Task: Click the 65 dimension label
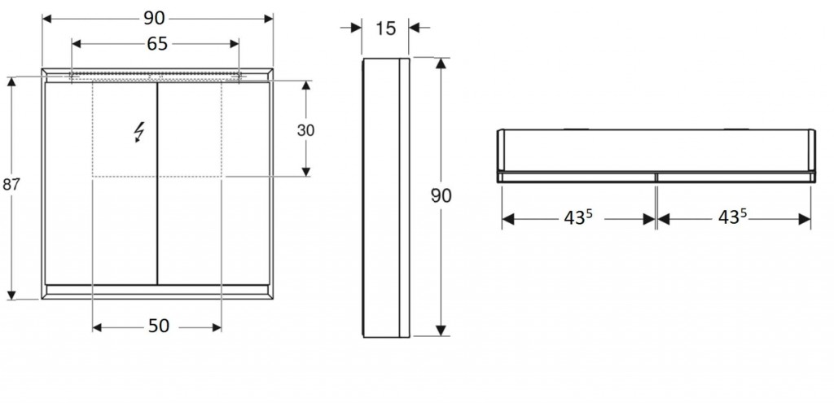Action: click(157, 44)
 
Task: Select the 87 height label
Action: click(11, 185)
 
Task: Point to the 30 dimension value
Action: click(306, 130)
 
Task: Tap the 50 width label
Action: click(159, 326)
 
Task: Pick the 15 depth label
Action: click(385, 28)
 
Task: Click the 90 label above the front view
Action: click(154, 19)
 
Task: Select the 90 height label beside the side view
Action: click(441, 196)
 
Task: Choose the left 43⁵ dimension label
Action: click(578, 217)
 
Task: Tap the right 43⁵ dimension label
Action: click(732, 216)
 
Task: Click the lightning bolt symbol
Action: click(139, 132)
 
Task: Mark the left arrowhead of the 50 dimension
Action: click(97, 327)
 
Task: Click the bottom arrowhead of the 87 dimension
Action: click(11, 295)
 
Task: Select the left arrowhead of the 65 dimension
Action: click(76, 44)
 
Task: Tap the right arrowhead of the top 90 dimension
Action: click(269, 19)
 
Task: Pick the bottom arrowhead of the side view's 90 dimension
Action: click(441, 331)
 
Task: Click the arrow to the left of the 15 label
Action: click(351, 28)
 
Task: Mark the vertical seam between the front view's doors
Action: click(157, 183)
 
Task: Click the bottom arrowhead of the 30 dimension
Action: click(306, 171)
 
